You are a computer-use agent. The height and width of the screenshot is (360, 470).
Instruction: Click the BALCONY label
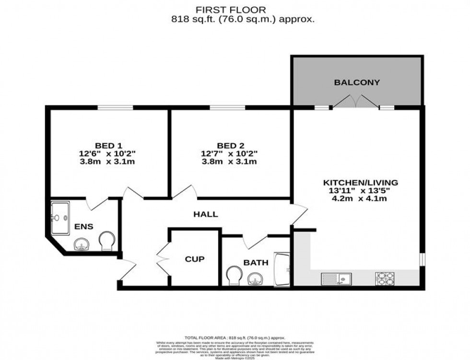click(357, 82)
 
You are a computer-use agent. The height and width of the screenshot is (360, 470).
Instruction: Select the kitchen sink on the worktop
click(336, 278)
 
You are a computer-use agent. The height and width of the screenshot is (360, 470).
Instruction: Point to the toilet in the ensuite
click(106, 241)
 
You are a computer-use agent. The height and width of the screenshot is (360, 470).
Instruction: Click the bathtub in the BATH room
click(282, 270)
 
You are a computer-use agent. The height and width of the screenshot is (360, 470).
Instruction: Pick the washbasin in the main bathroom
click(255, 279)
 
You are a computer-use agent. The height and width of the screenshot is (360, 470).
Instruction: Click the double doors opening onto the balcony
click(355, 101)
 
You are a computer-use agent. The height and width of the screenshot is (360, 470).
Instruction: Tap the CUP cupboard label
click(195, 259)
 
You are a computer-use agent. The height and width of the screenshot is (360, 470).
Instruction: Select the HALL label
click(206, 214)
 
